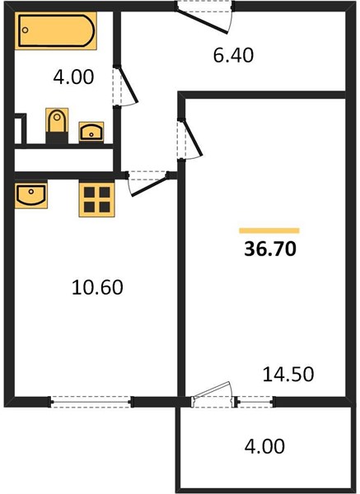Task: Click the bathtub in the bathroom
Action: pyautogui.click(x=55, y=31)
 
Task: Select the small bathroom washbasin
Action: pyautogui.click(x=91, y=132)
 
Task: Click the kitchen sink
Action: pyautogui.click(x=31, y=194)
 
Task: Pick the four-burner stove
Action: pyautogui.click(x=96, y=199)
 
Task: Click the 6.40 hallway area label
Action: pyautogui.click(x=233, y=55)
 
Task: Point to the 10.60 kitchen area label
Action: pyautogui.click(x=97, y=287)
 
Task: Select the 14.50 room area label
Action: pyautogui.click(x=288, y=375)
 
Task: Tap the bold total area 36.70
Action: pyautogui.click(x=270, y=249)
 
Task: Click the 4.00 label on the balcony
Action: pyautogui.click(x=264, y=446)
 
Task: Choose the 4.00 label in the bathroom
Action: pyautogui.click(x=73, y=77)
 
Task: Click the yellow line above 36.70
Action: pyautogui.click(x=269, y=231)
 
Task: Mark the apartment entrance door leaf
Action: pyautogui.click(x=202, y=20)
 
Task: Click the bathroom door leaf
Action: pyautogui.click(x=128, y=84)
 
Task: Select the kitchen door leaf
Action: pyautogui.click(x=149, y=186)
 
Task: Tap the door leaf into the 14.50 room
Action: pyautogui.click(x=192, y=137)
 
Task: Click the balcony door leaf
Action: pyautogui.click(x=211, y=390)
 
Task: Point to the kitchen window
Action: pyautogui.click(x=91, y=402)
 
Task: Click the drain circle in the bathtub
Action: pyautogui.click(x=26, y=30)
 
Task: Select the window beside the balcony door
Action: pyautogui.click(x=255, y=402)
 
